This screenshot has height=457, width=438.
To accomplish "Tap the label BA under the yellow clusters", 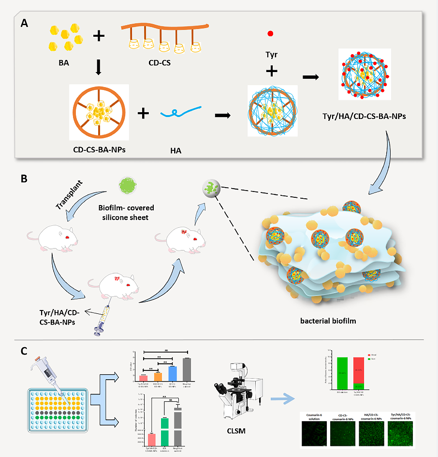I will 63,61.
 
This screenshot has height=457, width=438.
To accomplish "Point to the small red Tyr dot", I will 270,33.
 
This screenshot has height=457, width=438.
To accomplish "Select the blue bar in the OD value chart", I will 172,373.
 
